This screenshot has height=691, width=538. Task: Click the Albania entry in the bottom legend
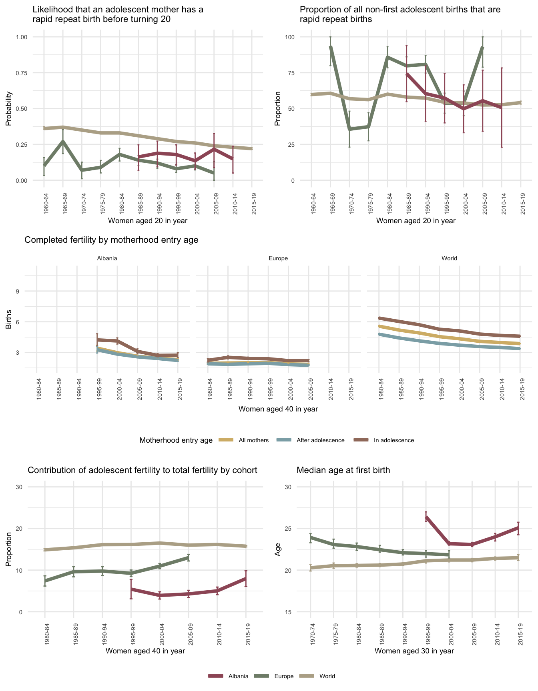(238, 676)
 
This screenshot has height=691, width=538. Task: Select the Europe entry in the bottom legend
(284, 676)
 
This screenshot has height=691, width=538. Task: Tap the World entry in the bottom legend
(327, 676)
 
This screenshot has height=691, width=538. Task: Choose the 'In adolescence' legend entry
(393, 440)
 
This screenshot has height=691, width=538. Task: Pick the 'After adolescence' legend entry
(320, 440)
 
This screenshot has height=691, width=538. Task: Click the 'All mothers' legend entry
(253, 440)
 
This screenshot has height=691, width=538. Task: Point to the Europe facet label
(278, 258)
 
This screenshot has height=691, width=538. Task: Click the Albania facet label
(107, 258)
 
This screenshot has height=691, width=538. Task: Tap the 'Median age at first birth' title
(343, 470)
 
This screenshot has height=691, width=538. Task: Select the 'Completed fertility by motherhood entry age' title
(112, 240)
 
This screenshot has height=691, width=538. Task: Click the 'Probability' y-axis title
(8, 109)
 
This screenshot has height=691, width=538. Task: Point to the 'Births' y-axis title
(8, 320)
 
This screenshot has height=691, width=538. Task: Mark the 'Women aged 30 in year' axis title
(414, 651)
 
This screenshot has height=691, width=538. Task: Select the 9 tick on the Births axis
(18, 291)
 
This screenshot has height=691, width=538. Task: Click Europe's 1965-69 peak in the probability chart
(63, 141)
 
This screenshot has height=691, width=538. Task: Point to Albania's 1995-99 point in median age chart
(426, 517)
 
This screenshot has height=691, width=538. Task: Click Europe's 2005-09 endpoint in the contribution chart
(189, 557)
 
